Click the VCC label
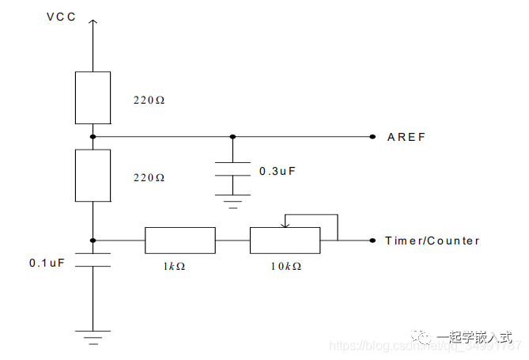coord(62,16)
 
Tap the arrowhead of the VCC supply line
coord(93,22)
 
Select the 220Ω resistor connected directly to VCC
coord(93,97)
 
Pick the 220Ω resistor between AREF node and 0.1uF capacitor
coord(93,175)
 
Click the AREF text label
coord(406,137)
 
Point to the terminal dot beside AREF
coord(372,137)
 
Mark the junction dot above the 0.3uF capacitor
coord(232,137)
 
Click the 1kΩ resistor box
coord(179,240)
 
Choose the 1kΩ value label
coord(176,267)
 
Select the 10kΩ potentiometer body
coord(285,240)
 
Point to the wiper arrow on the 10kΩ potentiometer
coord(285,223)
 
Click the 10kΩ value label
coord(285,267)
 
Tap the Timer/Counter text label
coord(432,241)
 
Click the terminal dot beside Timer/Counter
coord(372,240)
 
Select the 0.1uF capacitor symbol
coord(93,260)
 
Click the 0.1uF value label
coord(47,262)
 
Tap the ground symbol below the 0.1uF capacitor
coord(93,336)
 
